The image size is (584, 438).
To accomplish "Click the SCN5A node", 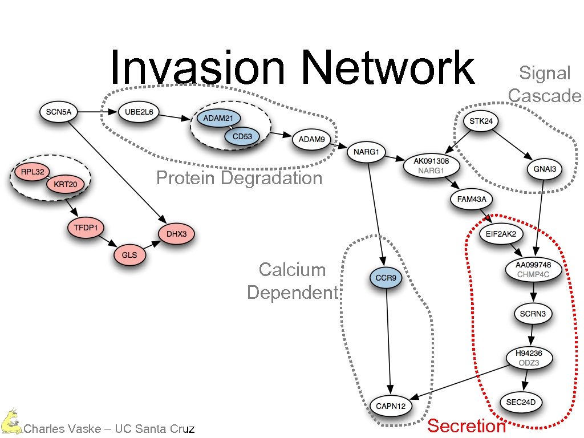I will pos(58,112).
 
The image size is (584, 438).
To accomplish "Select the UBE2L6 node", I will pos(139,112).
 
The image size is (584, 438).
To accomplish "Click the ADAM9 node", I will pos(311,139).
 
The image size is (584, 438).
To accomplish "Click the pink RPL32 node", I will pos(32,171).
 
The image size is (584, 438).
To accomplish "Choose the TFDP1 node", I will pos(86,228).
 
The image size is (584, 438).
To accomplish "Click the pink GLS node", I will pos(129,255).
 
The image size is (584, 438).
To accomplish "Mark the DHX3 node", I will pos(176,234).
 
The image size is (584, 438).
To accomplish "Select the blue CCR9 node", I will pos(387,279).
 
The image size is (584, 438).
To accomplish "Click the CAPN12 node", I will pos(391,405).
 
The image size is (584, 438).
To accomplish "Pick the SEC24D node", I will pos(521,402).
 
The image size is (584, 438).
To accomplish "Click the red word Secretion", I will pos(467,425).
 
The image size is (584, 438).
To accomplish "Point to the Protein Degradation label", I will pos(239,179).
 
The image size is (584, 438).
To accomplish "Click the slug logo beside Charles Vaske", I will pos(10,421).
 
